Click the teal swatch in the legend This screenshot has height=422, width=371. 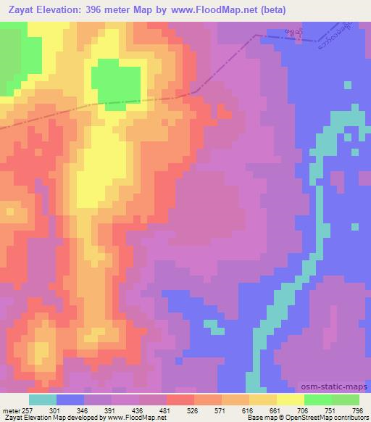pos(43,400)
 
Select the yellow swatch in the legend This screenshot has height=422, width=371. pos(291,400)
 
